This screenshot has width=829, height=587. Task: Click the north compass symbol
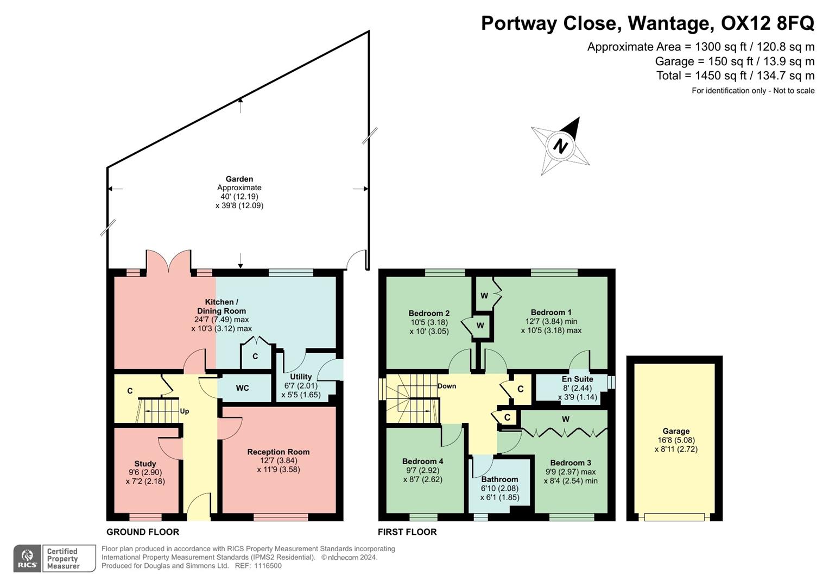(560, 146)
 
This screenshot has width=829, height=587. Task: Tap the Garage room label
(675, 431)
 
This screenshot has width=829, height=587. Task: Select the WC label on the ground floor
(242, 388)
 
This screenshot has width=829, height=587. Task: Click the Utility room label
(301, 377)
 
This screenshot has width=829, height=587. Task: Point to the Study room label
(145, 464)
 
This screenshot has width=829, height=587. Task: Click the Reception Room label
(278, 452)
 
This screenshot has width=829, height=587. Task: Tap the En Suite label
(577, 379)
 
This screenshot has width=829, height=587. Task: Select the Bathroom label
(499, 479)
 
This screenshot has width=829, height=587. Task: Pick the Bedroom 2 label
(429, 313)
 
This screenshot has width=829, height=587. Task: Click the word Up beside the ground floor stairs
(185, 411)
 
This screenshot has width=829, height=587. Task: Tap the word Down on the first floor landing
(447, 386)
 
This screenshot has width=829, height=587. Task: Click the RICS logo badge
(27, 559)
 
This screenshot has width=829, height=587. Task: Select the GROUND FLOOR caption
(143, 532)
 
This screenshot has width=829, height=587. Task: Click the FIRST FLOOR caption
(407, 532)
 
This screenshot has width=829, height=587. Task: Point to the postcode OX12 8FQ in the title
(767, 23)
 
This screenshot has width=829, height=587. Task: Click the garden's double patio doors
(168, 262)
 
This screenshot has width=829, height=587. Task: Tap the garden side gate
(357, 260)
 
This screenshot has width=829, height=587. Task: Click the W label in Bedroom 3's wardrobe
(566, 419)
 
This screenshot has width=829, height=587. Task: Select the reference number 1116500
(266, 566)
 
